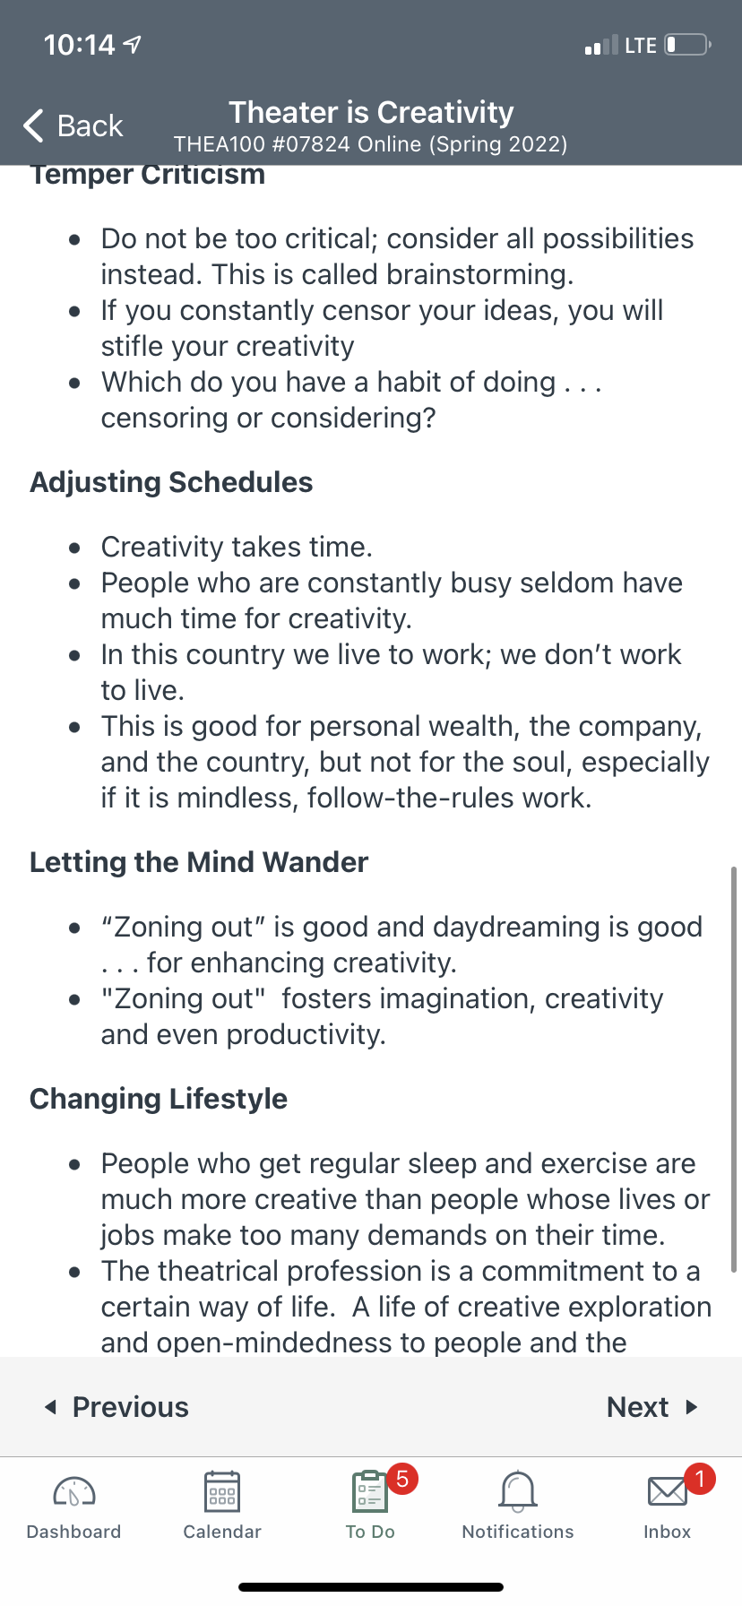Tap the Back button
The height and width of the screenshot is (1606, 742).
pos(73,125)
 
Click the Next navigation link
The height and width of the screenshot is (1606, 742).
pos(651,1407)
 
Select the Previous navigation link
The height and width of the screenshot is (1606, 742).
pos(116,1407)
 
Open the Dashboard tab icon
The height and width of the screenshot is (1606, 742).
pos(74,1491)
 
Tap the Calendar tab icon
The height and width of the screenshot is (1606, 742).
pos(221,1491)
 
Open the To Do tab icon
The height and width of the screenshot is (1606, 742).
pos(369,1492)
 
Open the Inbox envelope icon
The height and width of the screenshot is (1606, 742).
pos(667,1491)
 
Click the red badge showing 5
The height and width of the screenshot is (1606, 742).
pos(402,1478)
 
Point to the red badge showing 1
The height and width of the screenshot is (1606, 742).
pos(700,1478)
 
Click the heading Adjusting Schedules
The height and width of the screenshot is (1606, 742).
pos(171,482)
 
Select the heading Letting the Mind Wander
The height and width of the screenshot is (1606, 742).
pos(199,862)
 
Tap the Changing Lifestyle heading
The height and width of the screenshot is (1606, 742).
pos(159,1099)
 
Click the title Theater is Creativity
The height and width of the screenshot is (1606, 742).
pos(371,112)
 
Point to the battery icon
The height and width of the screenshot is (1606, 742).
pos(687,44)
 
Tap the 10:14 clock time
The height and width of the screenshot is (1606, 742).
pos(80,44)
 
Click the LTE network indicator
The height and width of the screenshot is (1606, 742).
pos(641,45)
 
